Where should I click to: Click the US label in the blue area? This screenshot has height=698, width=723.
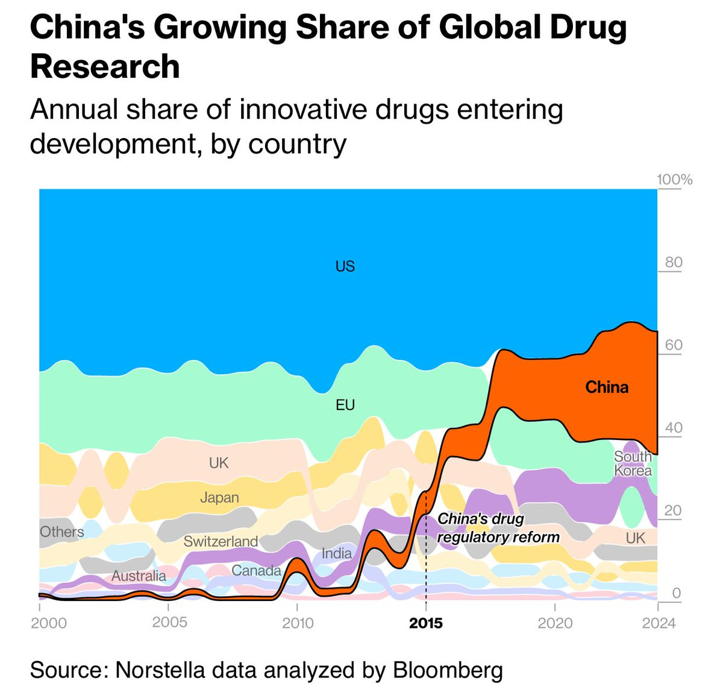(345, 266)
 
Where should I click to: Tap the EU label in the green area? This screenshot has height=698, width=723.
(345, 405)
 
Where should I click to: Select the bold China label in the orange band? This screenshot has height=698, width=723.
(607, 387)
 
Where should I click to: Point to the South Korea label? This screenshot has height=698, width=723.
(633, 464)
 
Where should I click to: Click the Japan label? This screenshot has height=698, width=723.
(219, 497)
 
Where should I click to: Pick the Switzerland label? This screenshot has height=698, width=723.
(221, 541)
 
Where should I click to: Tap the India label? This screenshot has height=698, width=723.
(336, 553)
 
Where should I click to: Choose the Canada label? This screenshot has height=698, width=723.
(256, 570)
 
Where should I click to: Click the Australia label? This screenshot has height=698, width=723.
(139, 576)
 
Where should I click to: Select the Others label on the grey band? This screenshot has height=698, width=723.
(61, 532)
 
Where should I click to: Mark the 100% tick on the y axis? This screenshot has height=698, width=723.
(674, 180)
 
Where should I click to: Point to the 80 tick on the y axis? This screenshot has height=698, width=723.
(674, 262)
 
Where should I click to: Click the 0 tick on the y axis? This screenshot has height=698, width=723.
(676, 593)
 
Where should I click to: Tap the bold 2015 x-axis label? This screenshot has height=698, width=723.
(425, 623)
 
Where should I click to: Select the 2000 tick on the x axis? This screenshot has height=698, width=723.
(49, 623)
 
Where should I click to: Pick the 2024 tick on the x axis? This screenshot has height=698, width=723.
(659, 623)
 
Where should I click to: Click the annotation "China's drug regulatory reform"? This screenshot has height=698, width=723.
(498, 528)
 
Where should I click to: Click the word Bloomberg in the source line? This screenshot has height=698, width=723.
(448, 670)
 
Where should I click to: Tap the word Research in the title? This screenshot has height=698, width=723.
(105, 66)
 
